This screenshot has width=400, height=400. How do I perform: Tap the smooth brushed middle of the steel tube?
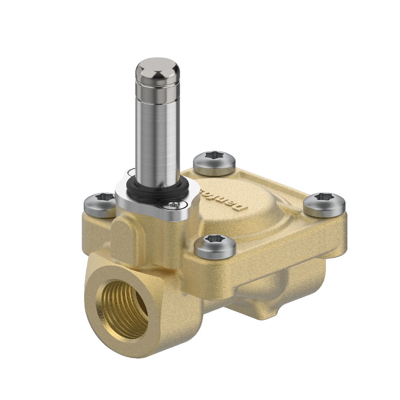[x=157, y=137]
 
